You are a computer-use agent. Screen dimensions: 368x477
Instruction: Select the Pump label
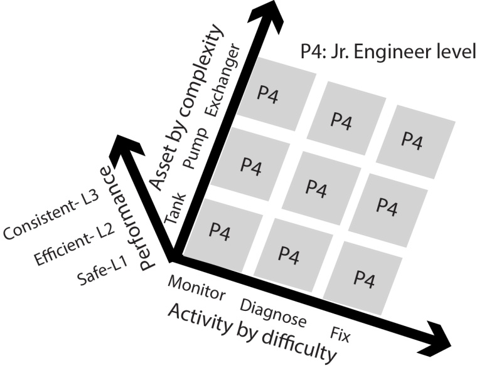tap(195, 153)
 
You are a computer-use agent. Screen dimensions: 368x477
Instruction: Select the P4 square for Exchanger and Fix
tap(411, 138)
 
